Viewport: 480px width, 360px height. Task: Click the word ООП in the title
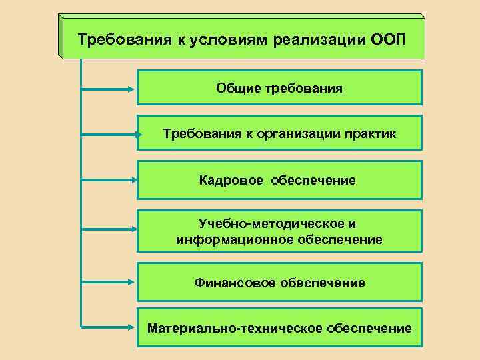(386, 38)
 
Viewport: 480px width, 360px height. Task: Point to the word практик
(370, 133)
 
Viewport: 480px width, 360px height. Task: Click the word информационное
(225, 239)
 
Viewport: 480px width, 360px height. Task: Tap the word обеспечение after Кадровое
(313, 180)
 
